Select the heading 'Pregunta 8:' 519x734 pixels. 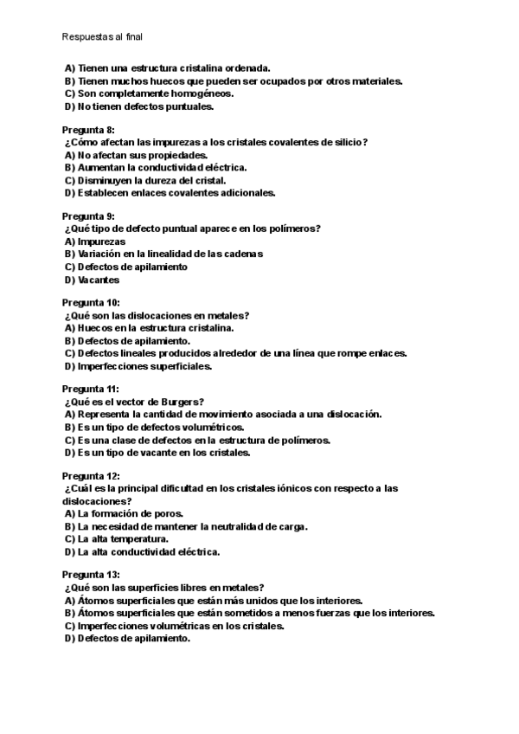click(89, 130)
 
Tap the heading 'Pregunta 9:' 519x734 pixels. click(89, 216)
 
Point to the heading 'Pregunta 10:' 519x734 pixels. click(92, 303)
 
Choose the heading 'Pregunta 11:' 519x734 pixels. click(91, 390)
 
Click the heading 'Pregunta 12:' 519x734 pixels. click(92, 476)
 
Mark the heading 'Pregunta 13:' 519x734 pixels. click(92, 575)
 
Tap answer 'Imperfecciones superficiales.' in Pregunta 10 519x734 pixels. click(144, 366)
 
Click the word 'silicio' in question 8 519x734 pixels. click(352, 142)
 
